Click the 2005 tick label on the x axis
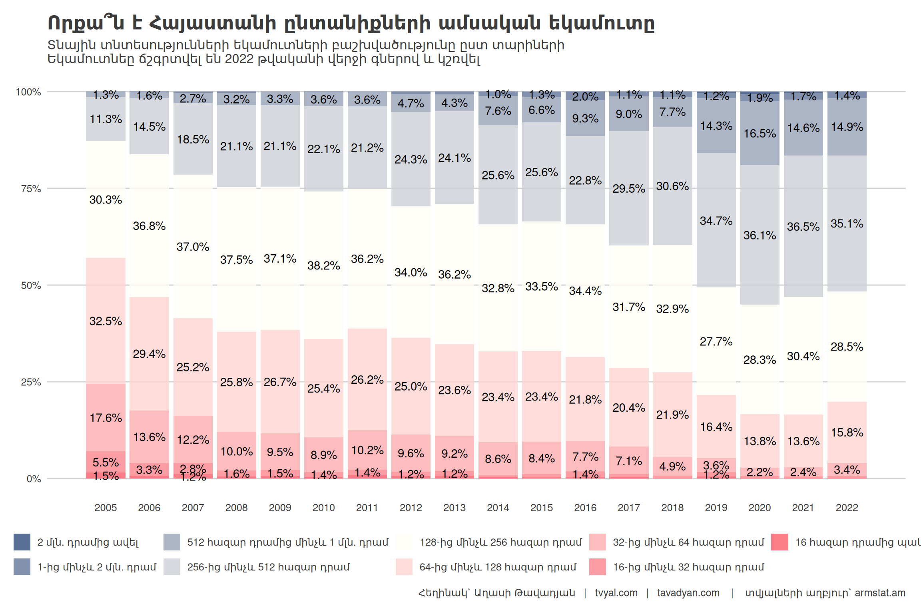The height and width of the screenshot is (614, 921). [x=106, y=508]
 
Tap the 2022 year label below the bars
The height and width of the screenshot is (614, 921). [x=847, y=508]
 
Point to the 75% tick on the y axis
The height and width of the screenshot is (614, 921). [x=31, y=189]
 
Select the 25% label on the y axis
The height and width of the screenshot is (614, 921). [x=31, y=382]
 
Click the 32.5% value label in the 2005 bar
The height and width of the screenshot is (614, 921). [x=106, y=321]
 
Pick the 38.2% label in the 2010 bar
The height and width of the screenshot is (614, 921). [x=323, y=265]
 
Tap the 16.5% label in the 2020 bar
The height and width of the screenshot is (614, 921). [x=760, y=133]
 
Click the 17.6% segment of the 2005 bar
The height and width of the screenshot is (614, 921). [x=106, y=418]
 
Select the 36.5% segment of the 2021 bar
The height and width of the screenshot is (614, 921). [x=803, y=226]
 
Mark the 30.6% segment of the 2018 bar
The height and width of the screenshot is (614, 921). [x=672, y=186]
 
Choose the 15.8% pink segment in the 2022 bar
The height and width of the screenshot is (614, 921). [x=847, y=432]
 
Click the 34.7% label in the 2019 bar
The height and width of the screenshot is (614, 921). [x=716, y=221]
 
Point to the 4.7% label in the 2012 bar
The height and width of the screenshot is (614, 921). [x=411, y=103]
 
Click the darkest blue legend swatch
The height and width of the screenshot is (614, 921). [x=22, y=542]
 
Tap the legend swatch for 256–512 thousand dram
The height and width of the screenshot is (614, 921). [x=172, y=567]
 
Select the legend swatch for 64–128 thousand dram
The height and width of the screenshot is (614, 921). [x=404, y=567]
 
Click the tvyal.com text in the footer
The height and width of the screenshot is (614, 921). [x=616, y=593]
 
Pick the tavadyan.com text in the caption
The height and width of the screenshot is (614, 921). [x=688, y=593]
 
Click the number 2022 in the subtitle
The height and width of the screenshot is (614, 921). [x=239, y=59]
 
